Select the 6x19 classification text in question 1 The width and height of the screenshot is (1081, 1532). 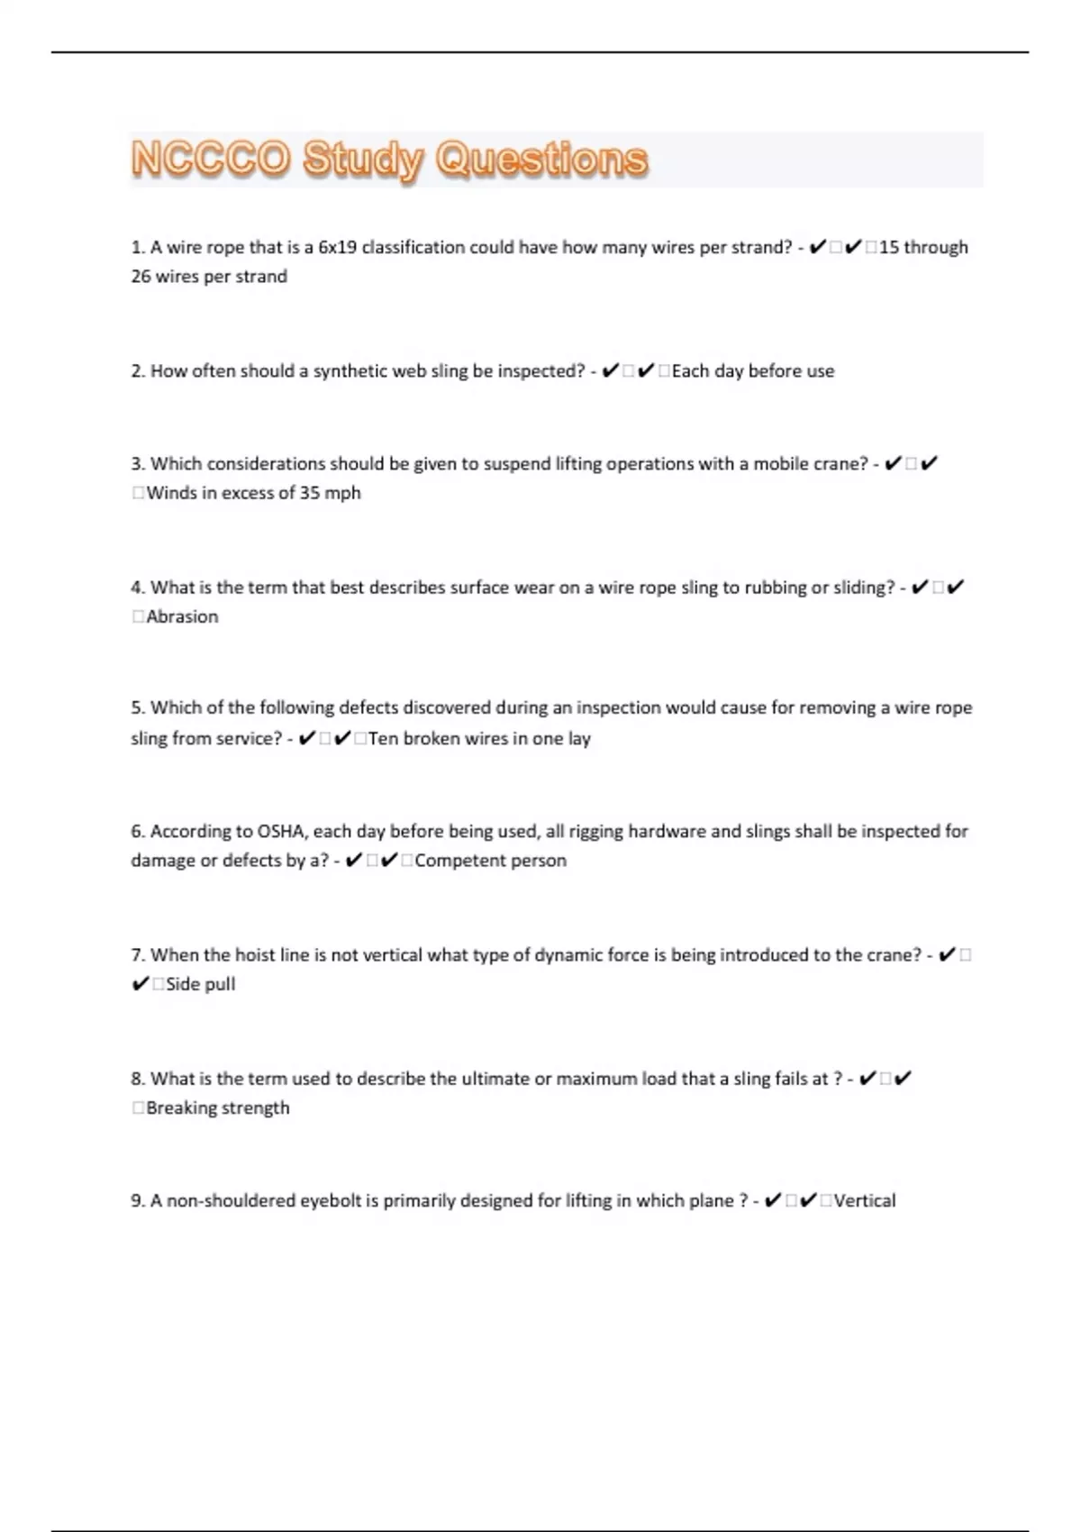[338, 248]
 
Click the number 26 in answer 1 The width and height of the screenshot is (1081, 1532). [141, 277]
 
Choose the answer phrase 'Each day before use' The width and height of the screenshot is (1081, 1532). [753, 371]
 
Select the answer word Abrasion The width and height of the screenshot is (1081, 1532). [182, 616]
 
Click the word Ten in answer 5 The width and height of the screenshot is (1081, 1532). [383, 739]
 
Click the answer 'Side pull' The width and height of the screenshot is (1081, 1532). [200, 984]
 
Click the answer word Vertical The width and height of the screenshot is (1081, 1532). [865, 1200]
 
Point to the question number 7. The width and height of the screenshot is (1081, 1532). [137, 955]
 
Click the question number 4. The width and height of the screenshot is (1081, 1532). [137, 588]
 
